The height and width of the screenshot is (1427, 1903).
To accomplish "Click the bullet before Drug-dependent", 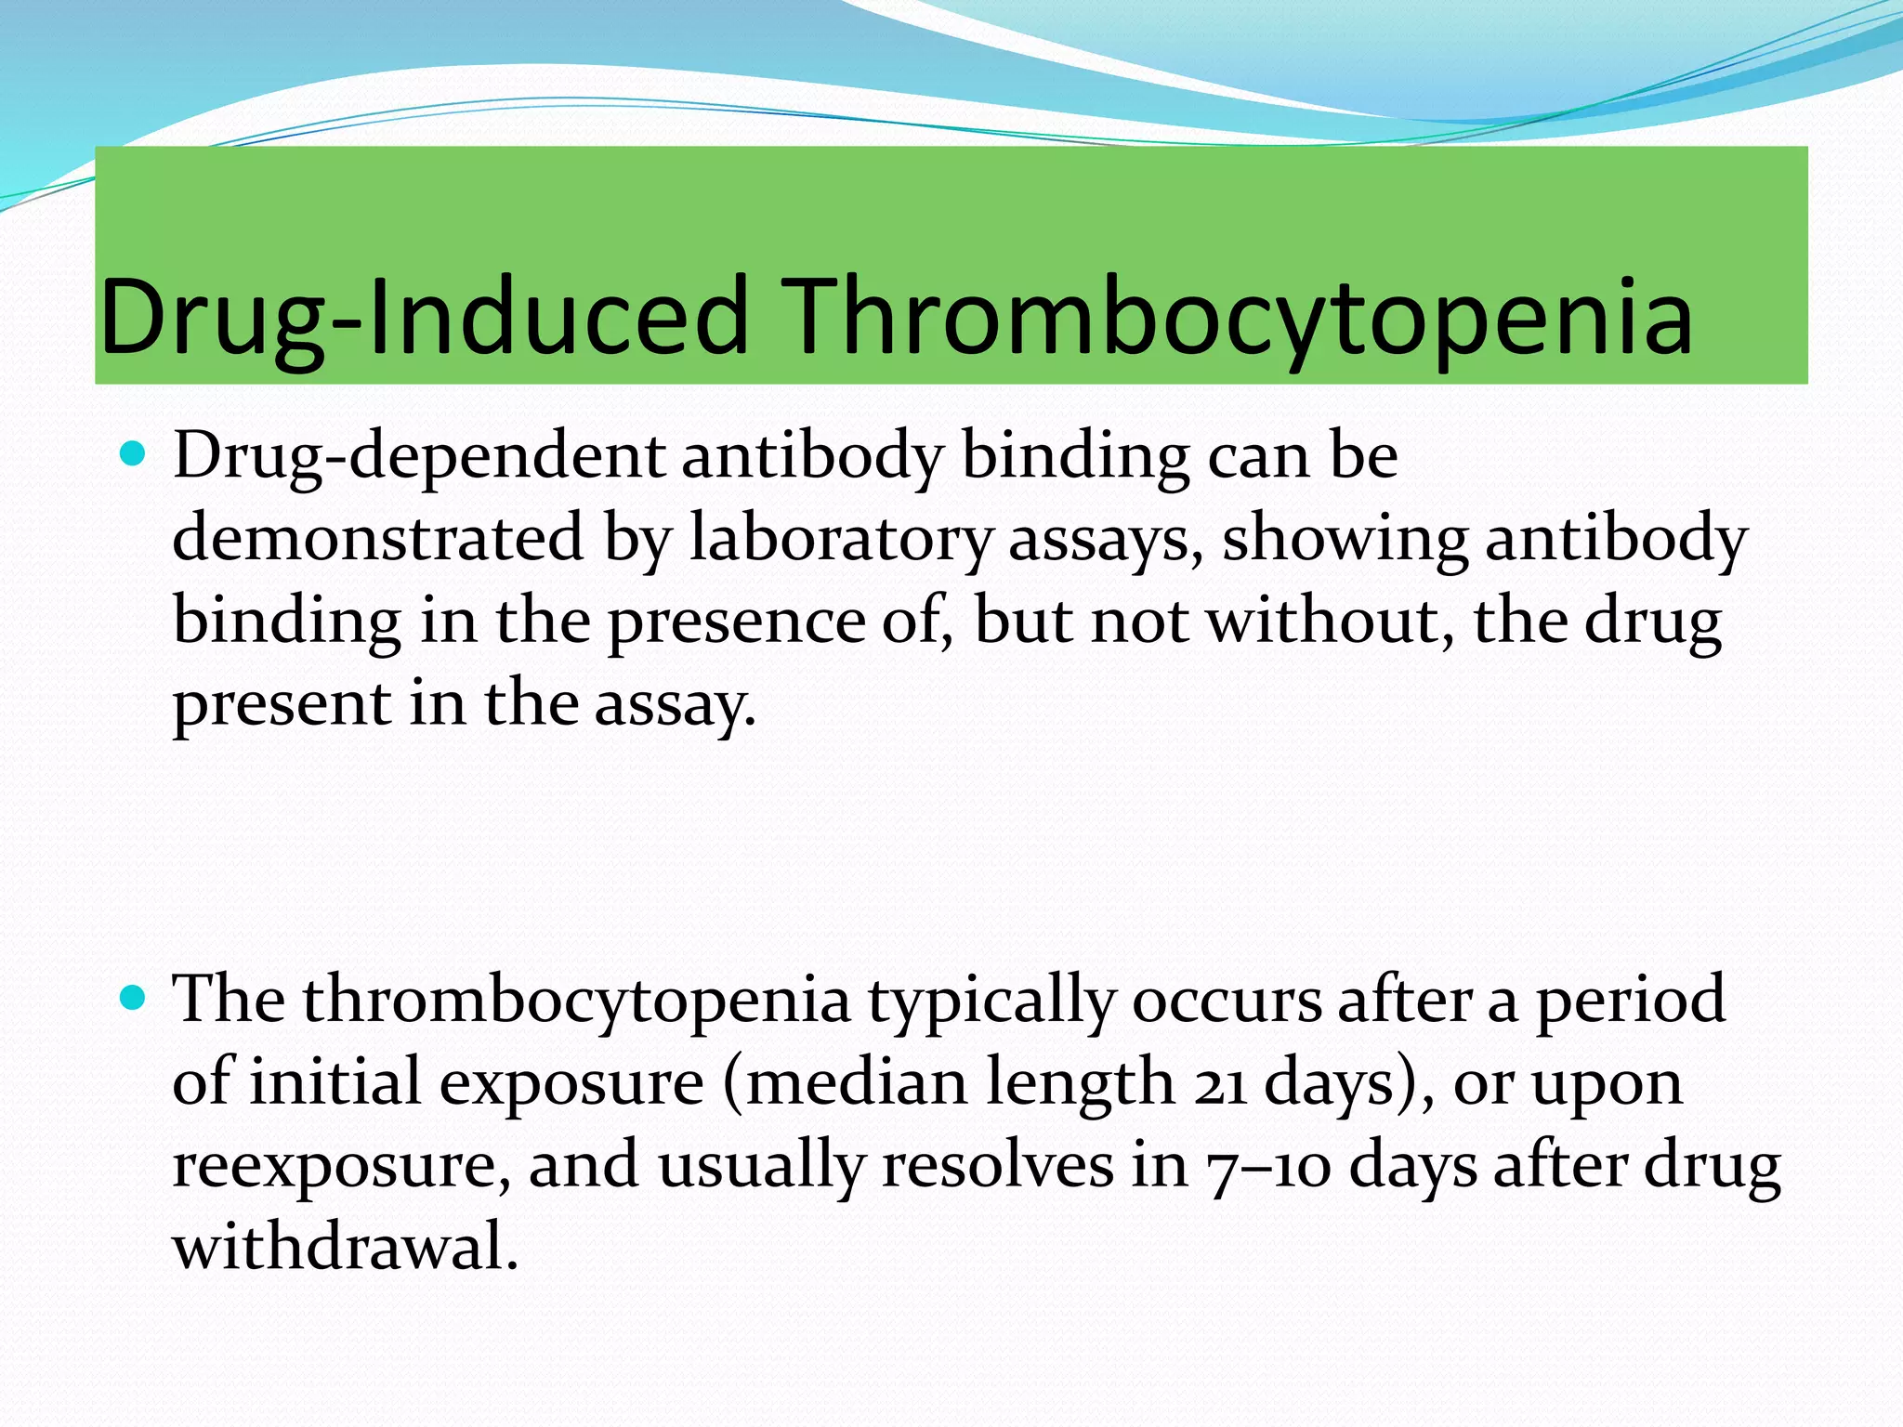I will (135, 455).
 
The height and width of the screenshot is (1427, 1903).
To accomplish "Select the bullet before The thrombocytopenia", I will (135, 999).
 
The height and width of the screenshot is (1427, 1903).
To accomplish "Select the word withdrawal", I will (345, 1247).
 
